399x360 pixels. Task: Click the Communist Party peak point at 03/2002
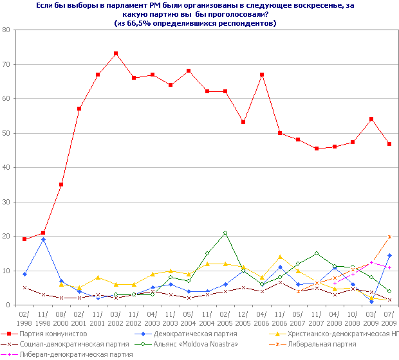pyautogui.click(x=116, y=53)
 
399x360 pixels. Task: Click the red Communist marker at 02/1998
pyautogui.click(x=24, y=239)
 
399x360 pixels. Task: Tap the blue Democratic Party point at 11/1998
pyautogui.click(x=42, y=239)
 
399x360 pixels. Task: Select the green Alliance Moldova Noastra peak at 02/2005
pyautogui.click(x=225, y=233)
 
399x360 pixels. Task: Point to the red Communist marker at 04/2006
pyautogui.click(x=262, y=75)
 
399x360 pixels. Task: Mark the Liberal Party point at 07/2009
pyautogui.click(x=389, y=237)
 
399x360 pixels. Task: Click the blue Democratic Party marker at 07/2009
pyautogui.click(x=389, y=256)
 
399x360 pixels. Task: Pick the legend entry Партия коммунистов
pyautogui.click(x=53, y=334)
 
